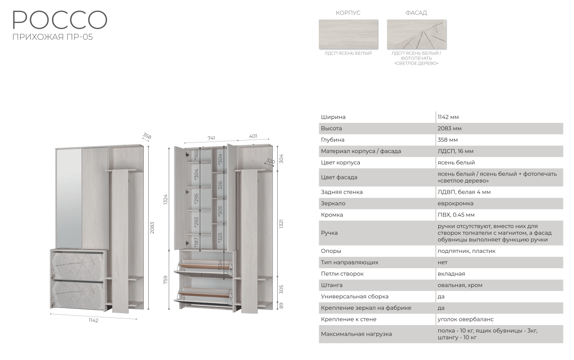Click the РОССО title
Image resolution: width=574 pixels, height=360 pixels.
(x=60, y=20)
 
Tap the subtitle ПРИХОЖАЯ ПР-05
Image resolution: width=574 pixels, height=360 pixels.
(x=53, y=37)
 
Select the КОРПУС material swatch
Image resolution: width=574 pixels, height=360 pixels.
(x=348, y=34)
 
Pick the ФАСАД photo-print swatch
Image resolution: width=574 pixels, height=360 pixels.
(x=416, y=34)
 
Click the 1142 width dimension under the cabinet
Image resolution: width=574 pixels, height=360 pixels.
(x=94, y=320)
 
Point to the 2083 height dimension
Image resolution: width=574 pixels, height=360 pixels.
(x=152, y=228)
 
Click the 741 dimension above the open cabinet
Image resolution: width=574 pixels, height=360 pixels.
(x=211, y=138)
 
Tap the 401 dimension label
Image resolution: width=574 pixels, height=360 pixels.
(x=253, y=136)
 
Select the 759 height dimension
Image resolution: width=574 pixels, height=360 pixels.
(x=165, y=280)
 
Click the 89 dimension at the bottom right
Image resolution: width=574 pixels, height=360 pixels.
(x=281, y=305)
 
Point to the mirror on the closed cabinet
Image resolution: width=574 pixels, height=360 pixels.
(x=69, y=199)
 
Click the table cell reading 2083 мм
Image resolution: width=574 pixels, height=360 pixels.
(x=449, y=129)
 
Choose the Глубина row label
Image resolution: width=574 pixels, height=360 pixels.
(x=333, y=140)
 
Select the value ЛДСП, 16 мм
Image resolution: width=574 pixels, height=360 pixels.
(x=455, y=151)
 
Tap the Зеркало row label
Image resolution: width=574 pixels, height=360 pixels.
(x=333, y=204)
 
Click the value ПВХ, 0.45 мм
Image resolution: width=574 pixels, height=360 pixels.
(x=456, y=215)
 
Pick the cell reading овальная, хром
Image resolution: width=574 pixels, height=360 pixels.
(x=460, y=285)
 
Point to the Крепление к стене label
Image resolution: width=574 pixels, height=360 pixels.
(x=349, y=319)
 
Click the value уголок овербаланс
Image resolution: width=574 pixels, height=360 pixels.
(x=466, y=319)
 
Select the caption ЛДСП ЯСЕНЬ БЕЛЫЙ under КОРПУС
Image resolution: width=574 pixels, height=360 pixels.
(x=348, y=54)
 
